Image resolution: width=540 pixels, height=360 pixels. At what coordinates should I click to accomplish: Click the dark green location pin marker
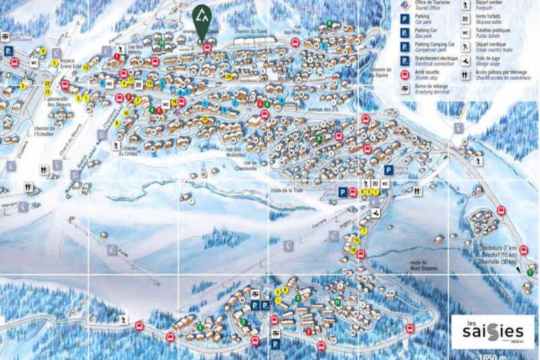[202, 20]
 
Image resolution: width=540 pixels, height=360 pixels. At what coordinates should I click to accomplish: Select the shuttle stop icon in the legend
[404, 75]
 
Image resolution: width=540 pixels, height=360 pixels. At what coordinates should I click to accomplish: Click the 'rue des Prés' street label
[292, 29]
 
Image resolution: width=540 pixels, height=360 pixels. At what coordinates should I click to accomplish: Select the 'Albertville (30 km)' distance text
[499, 262]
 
